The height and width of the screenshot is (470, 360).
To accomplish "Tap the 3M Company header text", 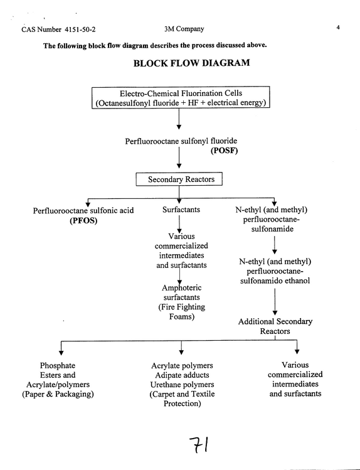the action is tap(184, 29).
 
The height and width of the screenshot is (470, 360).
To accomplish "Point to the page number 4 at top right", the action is tap(338, 28).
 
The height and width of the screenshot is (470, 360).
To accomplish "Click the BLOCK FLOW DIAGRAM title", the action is tap(191, 63).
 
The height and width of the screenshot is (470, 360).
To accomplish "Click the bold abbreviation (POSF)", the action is tap(225, 151).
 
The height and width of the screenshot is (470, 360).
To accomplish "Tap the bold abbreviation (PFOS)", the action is tap(83, 221).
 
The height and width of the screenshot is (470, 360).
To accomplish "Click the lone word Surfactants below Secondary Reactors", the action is tap(181, 210).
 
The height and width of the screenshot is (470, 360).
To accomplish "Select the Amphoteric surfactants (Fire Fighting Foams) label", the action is tap(181, 302).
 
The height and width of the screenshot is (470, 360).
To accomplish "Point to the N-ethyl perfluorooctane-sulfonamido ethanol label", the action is tap(275, 271).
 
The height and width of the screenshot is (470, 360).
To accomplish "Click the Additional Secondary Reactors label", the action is tap(275, 326).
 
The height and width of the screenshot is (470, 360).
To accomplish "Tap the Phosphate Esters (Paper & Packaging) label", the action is tap(58, 380).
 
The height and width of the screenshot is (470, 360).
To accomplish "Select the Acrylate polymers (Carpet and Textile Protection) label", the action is tap(182, 384).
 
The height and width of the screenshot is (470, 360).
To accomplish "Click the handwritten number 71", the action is tap(199, 445).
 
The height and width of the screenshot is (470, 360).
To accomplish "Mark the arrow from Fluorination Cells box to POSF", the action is tap(179, 119).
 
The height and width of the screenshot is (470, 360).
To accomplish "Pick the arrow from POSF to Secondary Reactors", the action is tap(179, 158).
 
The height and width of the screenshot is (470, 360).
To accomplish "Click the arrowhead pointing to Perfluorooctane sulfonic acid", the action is tap(88, 204).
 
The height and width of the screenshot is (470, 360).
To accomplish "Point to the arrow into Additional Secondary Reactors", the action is tap(275, 302).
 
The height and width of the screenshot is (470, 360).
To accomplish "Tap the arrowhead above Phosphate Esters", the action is tap(61, 353).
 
